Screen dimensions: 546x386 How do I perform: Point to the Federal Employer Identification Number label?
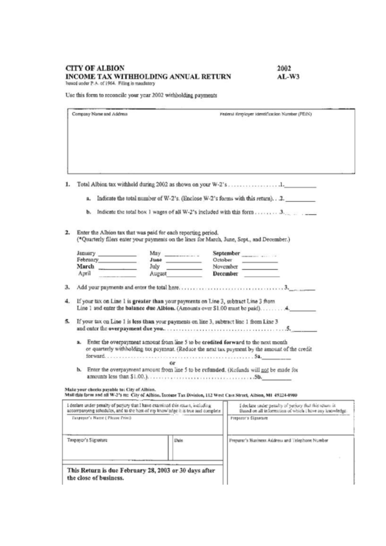(x=261, y=115)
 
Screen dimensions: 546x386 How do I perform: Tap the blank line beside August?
(x=185, y=276)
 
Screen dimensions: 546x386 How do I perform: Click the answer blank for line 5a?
(x=277, y=358)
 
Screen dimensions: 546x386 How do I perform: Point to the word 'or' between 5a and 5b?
(x=173, y=364)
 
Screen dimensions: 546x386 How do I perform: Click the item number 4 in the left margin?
(x=68, y=301)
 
